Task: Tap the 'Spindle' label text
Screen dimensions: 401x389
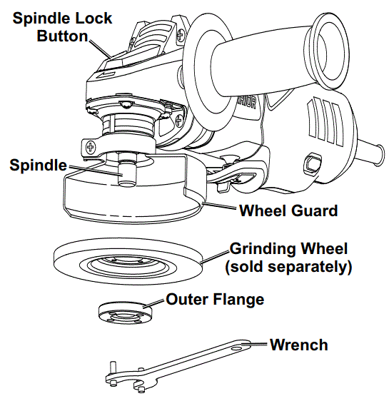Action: coord(37,165)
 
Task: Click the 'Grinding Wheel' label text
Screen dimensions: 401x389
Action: coord(288,249)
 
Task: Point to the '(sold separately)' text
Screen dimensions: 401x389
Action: coord(288,268)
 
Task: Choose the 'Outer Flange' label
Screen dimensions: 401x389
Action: coord(215,299)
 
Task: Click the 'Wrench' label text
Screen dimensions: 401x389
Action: coord(298,345)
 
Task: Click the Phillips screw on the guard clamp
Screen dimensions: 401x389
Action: coord(91,147)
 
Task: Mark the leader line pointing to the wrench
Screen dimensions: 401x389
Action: coord(256,345)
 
